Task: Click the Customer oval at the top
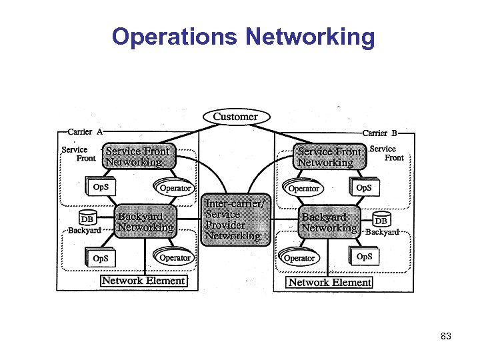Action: [x=235, y=117]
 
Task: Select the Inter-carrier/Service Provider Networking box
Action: [x=234, y=220]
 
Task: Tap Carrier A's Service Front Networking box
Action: [x=139, y=157]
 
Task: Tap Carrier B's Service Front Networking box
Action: [x=331, y=157]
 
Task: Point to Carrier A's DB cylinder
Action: [x=87, y=219]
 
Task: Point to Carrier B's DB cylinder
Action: [x=381, y=221]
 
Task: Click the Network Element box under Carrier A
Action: [x=143, y=281]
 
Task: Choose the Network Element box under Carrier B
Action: [x=329, y=282]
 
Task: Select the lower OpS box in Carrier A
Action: [x=101, y=258]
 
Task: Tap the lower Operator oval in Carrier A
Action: [x=175, y=257]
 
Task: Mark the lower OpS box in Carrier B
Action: [x=364, y=257]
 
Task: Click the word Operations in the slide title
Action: [x=171, y=37]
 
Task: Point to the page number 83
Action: [x=446, y=337]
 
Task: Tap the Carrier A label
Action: [x=85, y=132]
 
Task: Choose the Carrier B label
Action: [x=379, y=133]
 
